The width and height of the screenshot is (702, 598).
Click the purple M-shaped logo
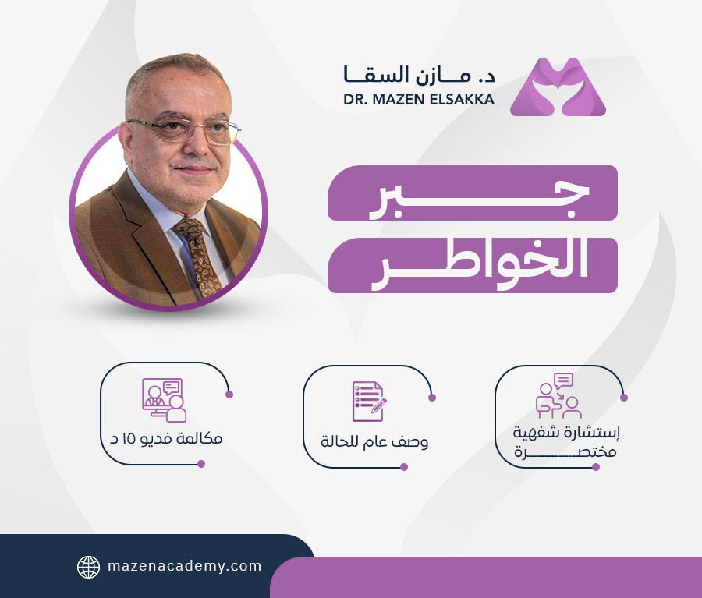(x=558, y=87)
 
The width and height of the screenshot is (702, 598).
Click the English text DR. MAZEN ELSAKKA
(x=419, y=101)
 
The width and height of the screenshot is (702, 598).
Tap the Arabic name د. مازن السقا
(x=419, y=75)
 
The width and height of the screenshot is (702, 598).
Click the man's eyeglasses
(x=184, y=129)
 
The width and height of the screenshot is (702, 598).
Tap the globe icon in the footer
(x=88, y=567)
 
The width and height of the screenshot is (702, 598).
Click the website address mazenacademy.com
(x=184, y=567)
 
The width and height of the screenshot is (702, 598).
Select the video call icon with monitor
(x=164, y=399)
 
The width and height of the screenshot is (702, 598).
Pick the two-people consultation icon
(x=558, y=395)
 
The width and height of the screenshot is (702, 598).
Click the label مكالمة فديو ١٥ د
(x=165, y=438)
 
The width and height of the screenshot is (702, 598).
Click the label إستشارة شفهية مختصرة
(x=558, y=441)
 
